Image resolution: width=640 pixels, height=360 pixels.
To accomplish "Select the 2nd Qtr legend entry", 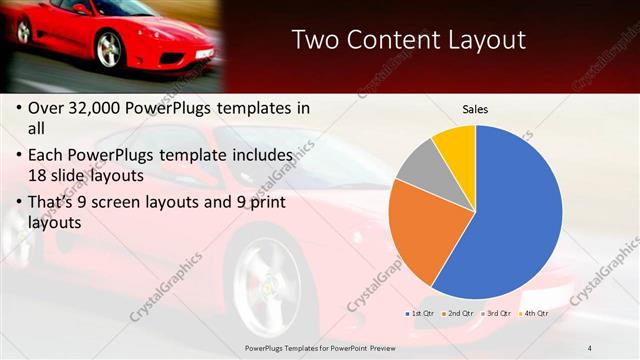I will click(458, 313).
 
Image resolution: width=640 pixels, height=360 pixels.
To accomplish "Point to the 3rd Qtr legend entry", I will click(497, 313).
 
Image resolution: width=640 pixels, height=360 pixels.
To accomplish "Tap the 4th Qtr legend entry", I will click(534, 313).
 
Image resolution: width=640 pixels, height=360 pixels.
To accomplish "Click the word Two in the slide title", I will click(318, 41).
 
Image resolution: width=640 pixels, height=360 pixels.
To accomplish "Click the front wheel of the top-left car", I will click(108, 48).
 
